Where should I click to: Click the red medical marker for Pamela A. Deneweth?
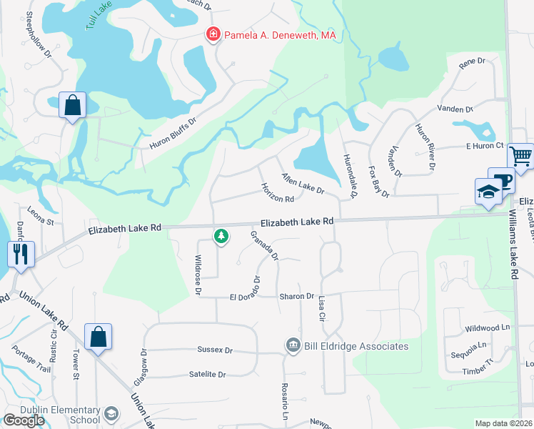212,34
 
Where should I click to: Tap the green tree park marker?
221,235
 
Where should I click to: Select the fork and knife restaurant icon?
20,254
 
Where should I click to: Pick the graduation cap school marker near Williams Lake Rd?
488,192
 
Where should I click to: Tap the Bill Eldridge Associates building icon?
293,346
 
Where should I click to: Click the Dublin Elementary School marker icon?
111,414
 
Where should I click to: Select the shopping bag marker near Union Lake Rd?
98,337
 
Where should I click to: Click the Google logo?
24,420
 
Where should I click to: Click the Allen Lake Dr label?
303,184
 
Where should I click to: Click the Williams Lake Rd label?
515,245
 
